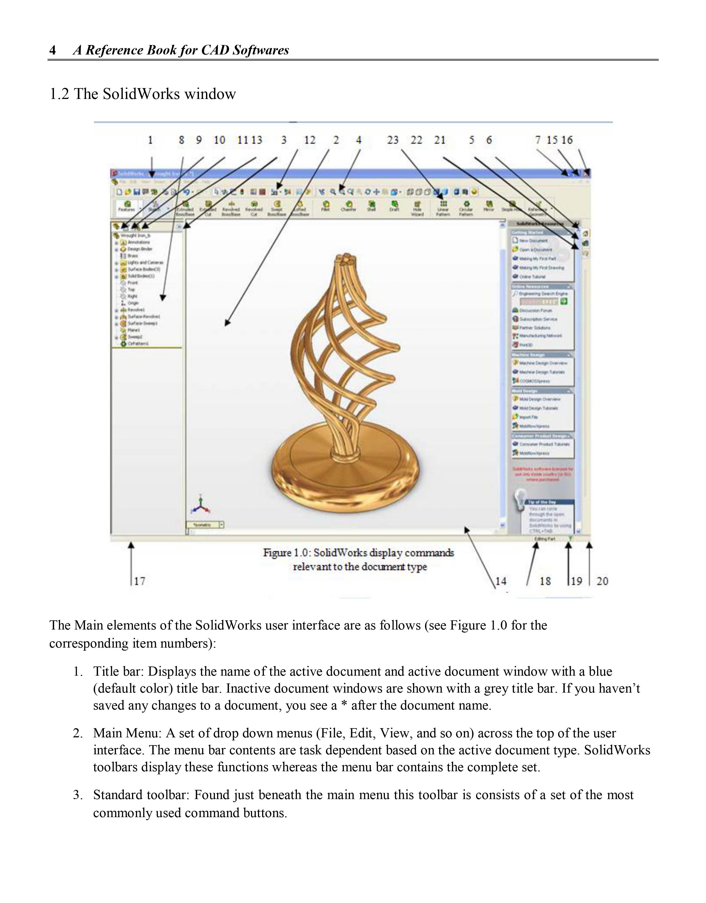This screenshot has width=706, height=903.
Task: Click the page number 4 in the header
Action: coord(53,50)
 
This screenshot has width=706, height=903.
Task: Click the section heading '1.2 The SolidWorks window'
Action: coord(142,94)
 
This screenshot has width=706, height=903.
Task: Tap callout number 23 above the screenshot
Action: coord(392,140)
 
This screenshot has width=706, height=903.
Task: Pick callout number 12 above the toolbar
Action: coord(310,140)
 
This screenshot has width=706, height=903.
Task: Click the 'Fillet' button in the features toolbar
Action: coord(326,205)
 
